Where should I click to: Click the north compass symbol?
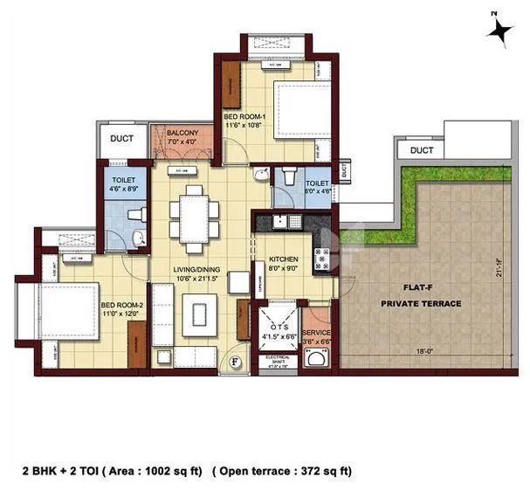coord(500,29)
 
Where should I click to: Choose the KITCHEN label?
coord(284,260)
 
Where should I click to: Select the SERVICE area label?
coord(316,334)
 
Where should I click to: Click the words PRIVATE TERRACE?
coord(420,303)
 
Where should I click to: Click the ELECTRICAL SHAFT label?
coord(272,360)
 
